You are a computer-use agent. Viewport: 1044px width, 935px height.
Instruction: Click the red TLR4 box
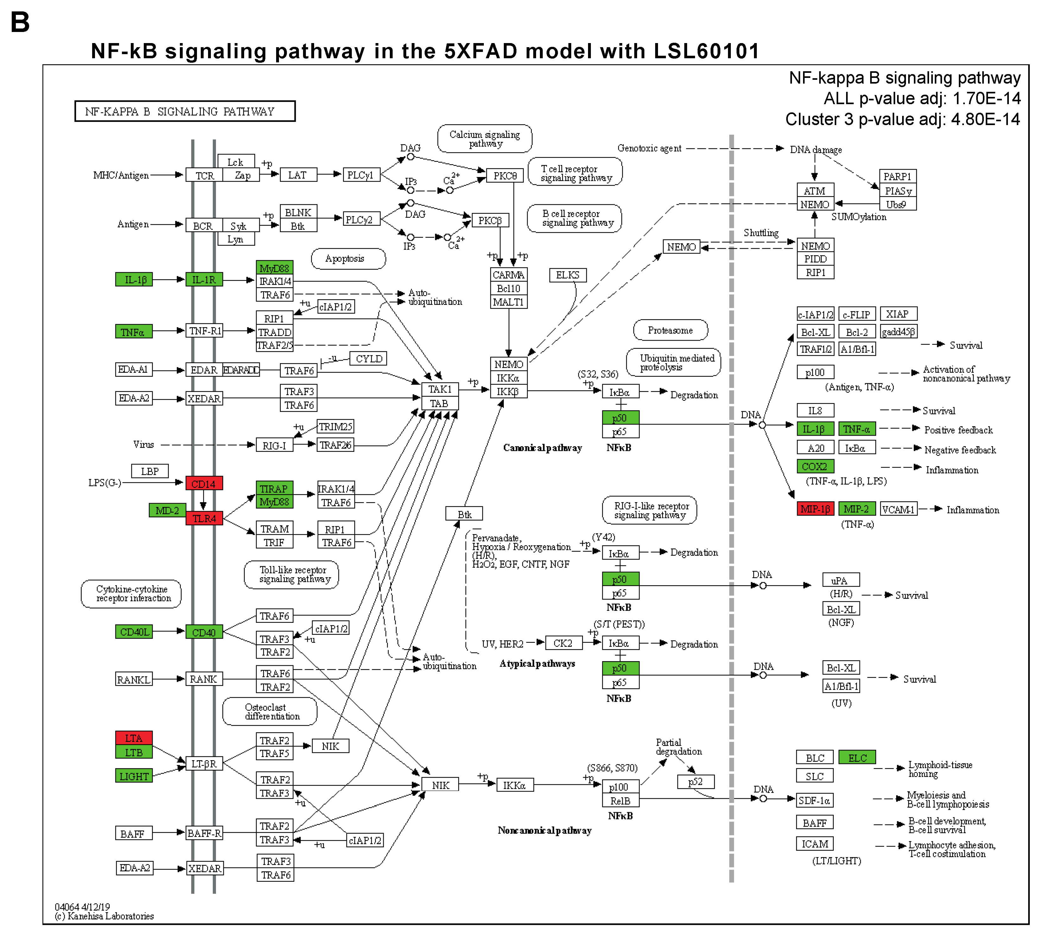[x=204, y=518]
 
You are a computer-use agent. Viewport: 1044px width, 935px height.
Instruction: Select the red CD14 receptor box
[x=204, y=483]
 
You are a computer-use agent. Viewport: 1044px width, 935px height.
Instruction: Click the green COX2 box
[x=815, y=466]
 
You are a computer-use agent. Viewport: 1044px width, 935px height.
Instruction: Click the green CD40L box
[x=134, y=632]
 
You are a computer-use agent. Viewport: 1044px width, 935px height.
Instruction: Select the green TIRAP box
[x=274, y=489]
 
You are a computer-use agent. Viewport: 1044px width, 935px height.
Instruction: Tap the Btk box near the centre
[x=464, y=514]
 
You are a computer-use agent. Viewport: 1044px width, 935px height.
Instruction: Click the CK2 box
[x=563, y=643]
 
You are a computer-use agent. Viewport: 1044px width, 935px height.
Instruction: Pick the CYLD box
[x=368, y=359]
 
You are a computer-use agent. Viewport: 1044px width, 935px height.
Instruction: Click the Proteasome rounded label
[x=670, y=330]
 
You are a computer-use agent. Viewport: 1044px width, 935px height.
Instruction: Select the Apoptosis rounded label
[x=348, y=258]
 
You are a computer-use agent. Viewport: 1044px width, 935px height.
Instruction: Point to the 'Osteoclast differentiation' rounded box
[x=270, y=711]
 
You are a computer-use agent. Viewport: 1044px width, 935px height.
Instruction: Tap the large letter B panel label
[x=21, y=22]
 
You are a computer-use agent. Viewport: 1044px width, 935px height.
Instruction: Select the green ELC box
[x=857, y=758]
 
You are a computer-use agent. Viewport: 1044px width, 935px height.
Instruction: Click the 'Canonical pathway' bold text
[x=542, y=447]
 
